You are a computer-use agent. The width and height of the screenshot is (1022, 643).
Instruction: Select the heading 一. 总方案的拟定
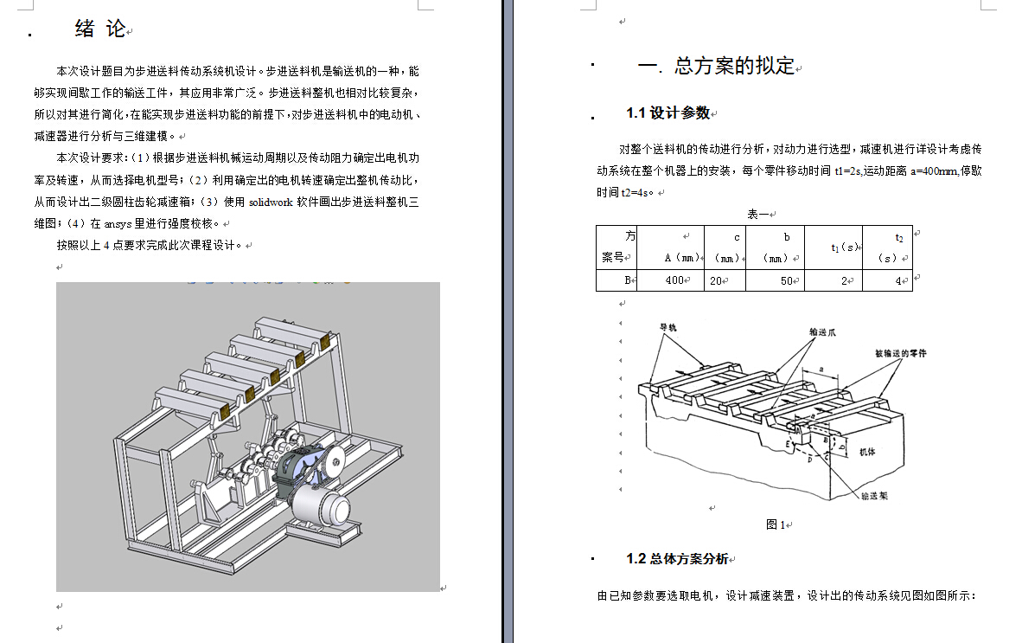[715, 66]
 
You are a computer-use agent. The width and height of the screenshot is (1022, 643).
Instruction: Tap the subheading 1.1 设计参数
[667, 113]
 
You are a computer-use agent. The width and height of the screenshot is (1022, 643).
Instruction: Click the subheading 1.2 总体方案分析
[677, 559]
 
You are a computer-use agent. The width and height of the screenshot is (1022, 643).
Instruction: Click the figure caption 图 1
[775, 524]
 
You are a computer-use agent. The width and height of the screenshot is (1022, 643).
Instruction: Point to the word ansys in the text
[118, 223]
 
